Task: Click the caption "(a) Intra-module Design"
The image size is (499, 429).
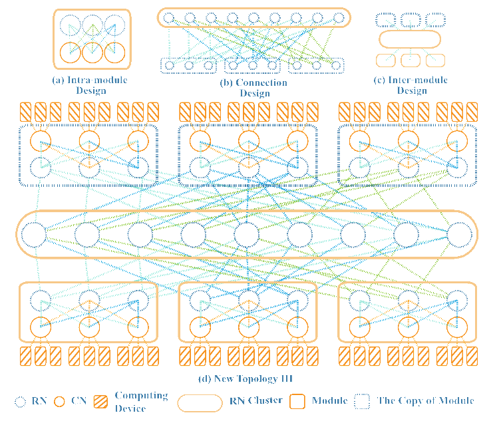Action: pos(92,85)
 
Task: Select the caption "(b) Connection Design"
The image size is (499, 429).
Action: pos(253,88)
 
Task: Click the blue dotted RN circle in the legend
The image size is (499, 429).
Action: pos(21,401)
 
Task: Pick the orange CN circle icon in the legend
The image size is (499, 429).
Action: pos(59,401)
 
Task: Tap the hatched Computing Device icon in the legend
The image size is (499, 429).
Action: pos(102,401)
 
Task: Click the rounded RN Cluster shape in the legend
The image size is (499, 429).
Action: pos(199,402)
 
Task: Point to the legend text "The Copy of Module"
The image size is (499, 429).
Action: pos(426,401)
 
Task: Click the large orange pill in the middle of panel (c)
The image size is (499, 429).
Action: pos(410,39)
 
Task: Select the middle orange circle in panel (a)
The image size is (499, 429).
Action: pos(92,52)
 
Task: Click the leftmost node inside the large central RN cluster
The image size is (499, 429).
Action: pos(34,235)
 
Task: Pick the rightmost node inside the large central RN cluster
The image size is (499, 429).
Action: pos(459,235)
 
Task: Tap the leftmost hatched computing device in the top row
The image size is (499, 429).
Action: pos(25,110)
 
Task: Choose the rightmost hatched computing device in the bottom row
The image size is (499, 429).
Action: pos(472,356)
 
